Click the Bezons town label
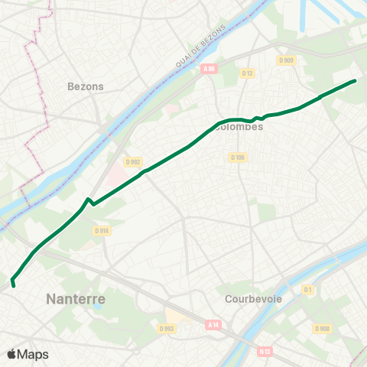[x=86, y=86]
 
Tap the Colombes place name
[x=239, y=127]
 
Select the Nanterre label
[x=76, y=299]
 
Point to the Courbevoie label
[x=249, y=299]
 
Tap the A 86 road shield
[x=209, y=69]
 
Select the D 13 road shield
[x=246, y=73]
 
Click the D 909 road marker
[x=287, y=60]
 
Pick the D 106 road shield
[x=237, y=158]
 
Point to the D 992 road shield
[x=133, y=162]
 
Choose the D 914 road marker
[x=101, y=230]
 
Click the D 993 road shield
[x=167, y=328]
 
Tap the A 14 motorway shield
[x=213, y=324]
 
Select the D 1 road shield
[x=308, y=290]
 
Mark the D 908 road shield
[x=322, y=329]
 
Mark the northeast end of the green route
[x=356, y=80]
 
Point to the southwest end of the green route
[x=14, y=286]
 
